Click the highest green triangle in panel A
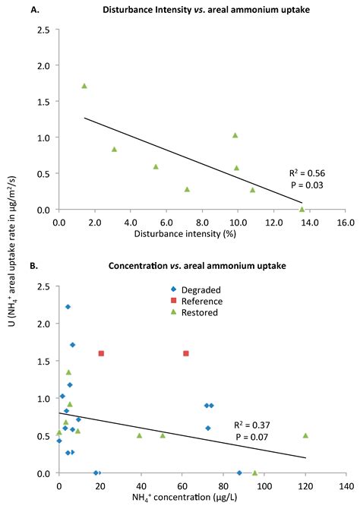coord(84,86)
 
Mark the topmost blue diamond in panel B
coord(68,307)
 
